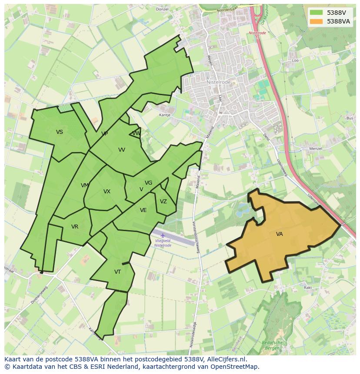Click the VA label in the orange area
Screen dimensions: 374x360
[x=279, y=234]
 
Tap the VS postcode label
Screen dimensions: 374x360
[x=60, y=132]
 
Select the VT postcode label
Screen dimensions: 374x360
[x=117, y=272]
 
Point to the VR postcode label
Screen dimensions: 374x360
[x=75, y=227]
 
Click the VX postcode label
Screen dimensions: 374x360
[x=107, y=192]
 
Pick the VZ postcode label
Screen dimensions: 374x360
[x=163, y=202]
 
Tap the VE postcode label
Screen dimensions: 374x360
[x=143, y=210]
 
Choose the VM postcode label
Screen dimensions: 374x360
[x=85, y=185]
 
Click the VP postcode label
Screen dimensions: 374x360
[x=104, y=134]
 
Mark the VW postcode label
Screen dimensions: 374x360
[x=136, y=133]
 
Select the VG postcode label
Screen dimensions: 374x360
[x=148, y=183]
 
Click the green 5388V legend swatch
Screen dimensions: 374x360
[x=317, y=13]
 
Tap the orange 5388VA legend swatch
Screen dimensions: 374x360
[x=317, y=21]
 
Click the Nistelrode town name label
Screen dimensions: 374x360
[x=218, y=82]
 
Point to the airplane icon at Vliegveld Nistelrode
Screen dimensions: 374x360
[x=163, y=235]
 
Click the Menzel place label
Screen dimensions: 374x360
[x=315, y=149]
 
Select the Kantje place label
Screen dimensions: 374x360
[x=165, y=115]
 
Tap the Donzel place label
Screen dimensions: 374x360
[x=162, y=9]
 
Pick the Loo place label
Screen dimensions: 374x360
[x=296, y=60]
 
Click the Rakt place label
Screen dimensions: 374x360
[x=308, y=288]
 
